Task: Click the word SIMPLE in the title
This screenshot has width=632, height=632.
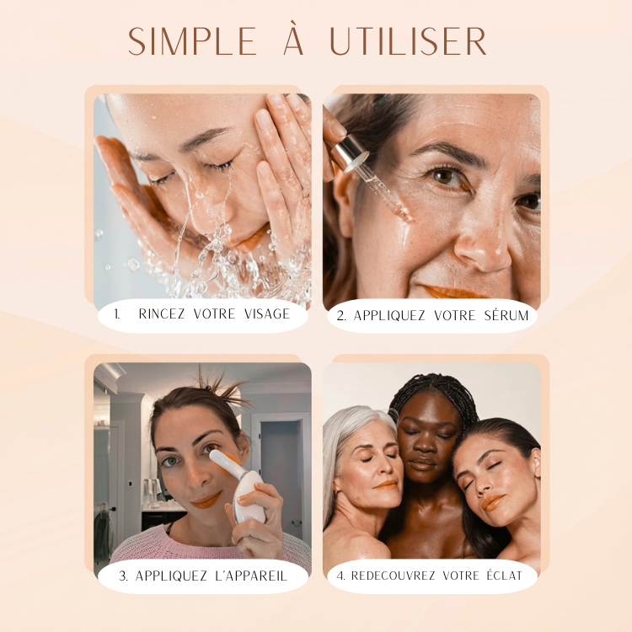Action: [x=192, y=41]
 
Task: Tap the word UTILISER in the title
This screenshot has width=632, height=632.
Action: [x=409, y=41]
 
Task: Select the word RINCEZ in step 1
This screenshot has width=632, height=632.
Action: [x=161, y=314]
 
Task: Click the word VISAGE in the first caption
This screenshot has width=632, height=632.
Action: [x=267, y=314]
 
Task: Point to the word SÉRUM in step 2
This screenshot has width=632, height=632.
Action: [x=506, y=315]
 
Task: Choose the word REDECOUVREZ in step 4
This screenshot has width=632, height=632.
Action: [x=393, y=576]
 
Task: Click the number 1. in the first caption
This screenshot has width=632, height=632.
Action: [x=117, y=314]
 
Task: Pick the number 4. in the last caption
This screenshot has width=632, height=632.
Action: [x=341, y=576]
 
